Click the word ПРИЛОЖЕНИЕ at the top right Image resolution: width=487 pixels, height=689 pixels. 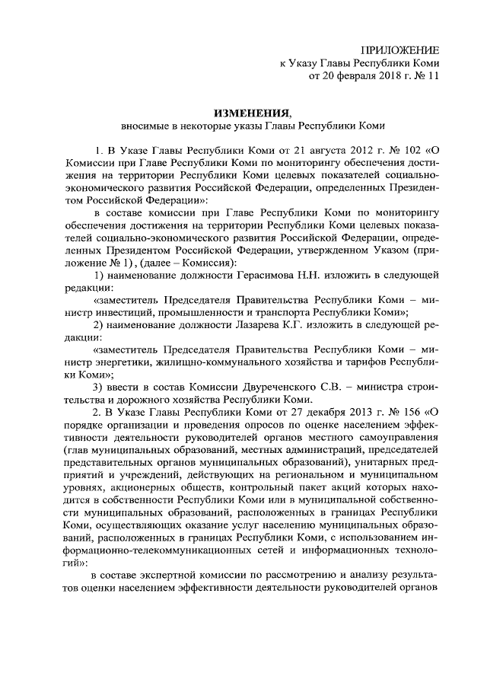coord(404,48)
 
